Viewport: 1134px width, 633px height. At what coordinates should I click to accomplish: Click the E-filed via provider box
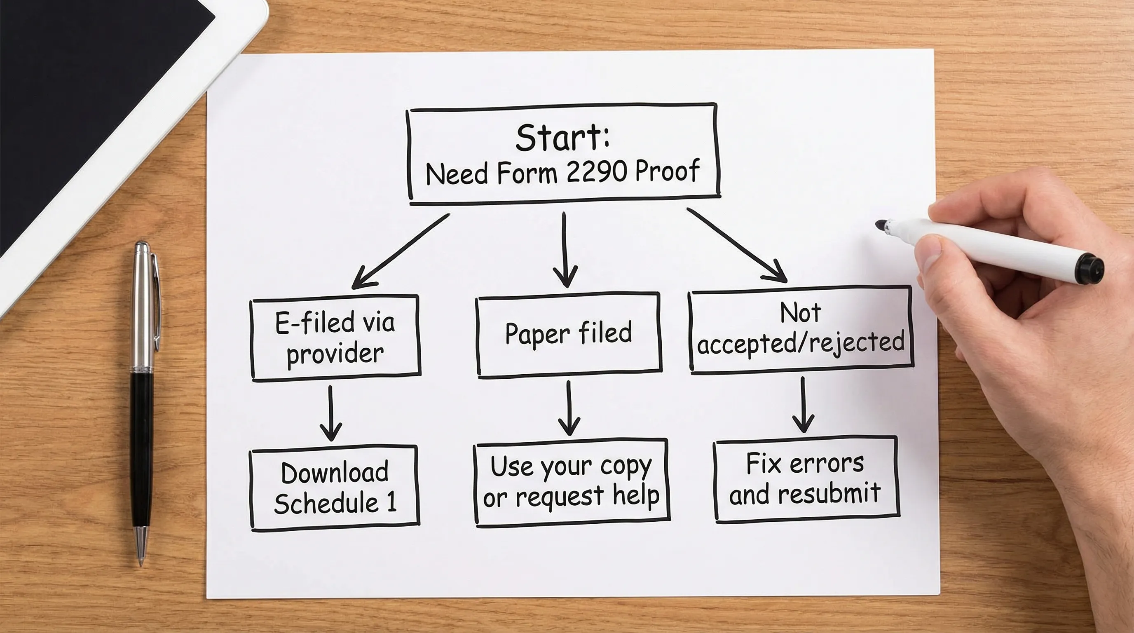[x=335, y=337]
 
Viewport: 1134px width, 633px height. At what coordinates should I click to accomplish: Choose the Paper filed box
[x=568, y=334]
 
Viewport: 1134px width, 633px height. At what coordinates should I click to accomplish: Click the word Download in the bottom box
[x=335, y=473]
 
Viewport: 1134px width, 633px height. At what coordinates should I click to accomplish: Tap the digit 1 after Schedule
[x=391, y=502]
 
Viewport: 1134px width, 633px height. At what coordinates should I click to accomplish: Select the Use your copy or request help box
[x=571, y=482]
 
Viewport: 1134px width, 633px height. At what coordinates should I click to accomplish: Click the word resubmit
[x=829, y=493]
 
